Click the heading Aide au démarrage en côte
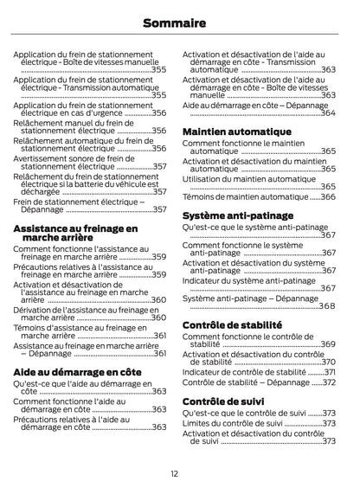pyautogui.click(x=77, y=371)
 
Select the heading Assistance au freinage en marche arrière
pyautogui.click(x=75, y=233)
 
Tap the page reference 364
pyautogui.click(x=328, y=113)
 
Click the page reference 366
pyautogui.click(x=328, y=197)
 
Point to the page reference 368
pyautogui.click(x=328, y=305)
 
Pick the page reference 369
pyautogui.click(x=328, y=344)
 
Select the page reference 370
pyautogui.click(x=328, y=362)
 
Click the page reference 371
pyautogui.click(x=329, y=372)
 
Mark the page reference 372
pyautogui.click(x=329, y=382)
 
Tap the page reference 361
pyautogui.click(x=160, y=336)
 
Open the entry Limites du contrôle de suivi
pyautogui.click(x=232, y=424)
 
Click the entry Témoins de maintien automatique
pyautogui.click(x=245, y=197)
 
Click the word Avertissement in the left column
pyautogui.click(x=44, y=158)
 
